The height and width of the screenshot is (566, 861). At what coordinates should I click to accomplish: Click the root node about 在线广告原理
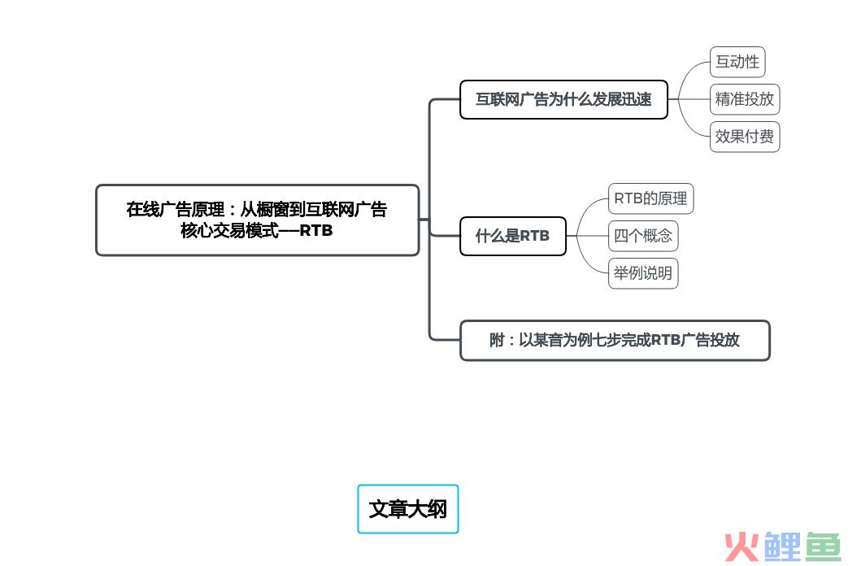258,220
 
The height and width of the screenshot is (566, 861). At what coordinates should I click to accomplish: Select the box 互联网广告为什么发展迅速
563,99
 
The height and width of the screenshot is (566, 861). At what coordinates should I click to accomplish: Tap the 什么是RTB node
513,236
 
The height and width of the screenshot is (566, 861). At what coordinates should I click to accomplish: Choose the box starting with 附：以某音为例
615,341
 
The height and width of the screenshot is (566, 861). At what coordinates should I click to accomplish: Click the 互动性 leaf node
737,62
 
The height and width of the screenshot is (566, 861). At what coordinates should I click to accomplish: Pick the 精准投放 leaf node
745,99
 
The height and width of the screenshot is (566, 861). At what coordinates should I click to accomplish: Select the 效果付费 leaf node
745,137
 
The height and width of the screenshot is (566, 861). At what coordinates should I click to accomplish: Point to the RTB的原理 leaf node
650,198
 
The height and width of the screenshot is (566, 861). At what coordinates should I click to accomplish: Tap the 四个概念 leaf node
643,236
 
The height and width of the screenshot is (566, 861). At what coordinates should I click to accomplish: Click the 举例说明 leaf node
643,273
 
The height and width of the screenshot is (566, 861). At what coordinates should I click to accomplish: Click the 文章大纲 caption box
408,509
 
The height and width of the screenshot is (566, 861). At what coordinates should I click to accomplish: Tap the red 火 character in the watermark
741,546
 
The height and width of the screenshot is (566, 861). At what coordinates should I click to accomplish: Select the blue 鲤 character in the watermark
782,546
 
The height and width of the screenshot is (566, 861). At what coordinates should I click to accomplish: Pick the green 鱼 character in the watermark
823,546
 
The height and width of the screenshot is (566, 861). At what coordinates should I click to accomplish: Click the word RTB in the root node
316,231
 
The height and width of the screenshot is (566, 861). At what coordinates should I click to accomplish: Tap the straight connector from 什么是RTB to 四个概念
588,236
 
